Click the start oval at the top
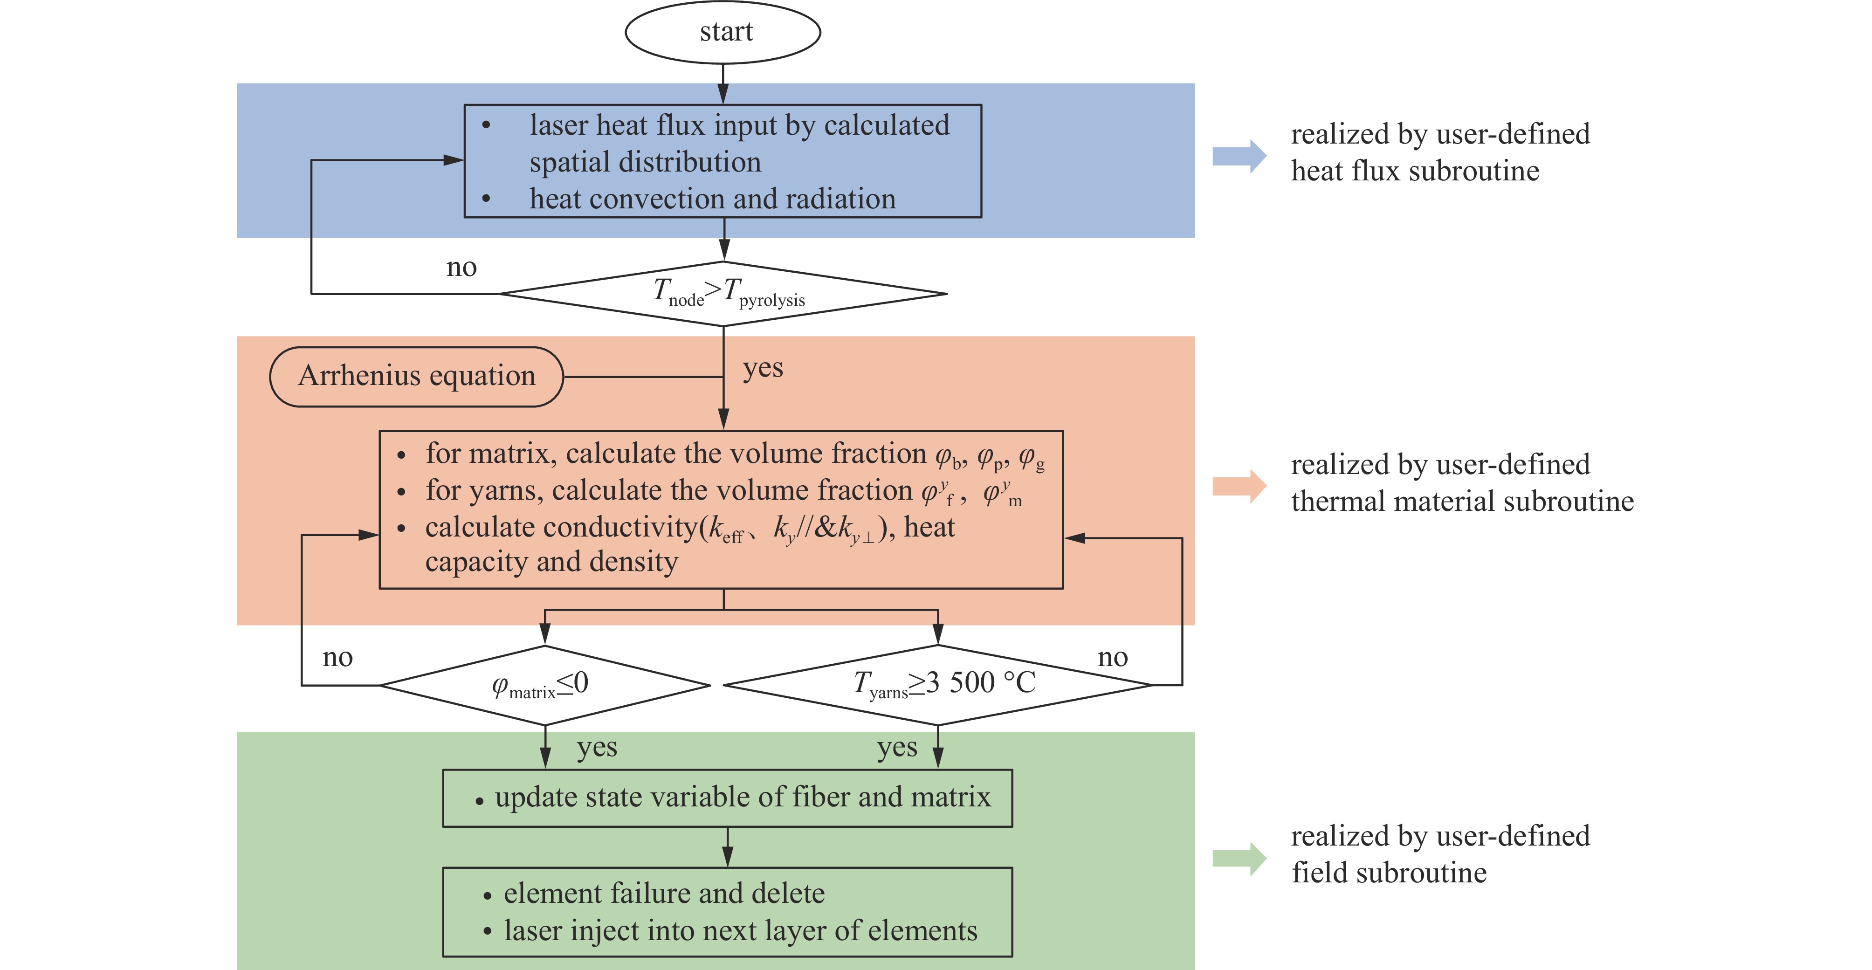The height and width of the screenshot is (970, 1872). (723, 32)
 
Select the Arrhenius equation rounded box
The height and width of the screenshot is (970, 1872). (416, 376)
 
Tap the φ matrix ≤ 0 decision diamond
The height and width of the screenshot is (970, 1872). (544, 685)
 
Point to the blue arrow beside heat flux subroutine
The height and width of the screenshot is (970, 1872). (1239, 156)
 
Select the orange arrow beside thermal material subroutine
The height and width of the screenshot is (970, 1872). (1239, 486)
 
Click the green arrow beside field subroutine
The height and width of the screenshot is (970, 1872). (1239, 859)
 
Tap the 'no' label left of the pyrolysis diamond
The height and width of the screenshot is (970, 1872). (461, 268)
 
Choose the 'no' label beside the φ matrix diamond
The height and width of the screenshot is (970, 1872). (337, 658)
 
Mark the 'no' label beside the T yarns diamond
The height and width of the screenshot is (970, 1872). (1113, 658)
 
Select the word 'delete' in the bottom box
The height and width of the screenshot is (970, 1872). (789, 894)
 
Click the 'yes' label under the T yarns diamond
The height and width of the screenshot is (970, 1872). (897, 748)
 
